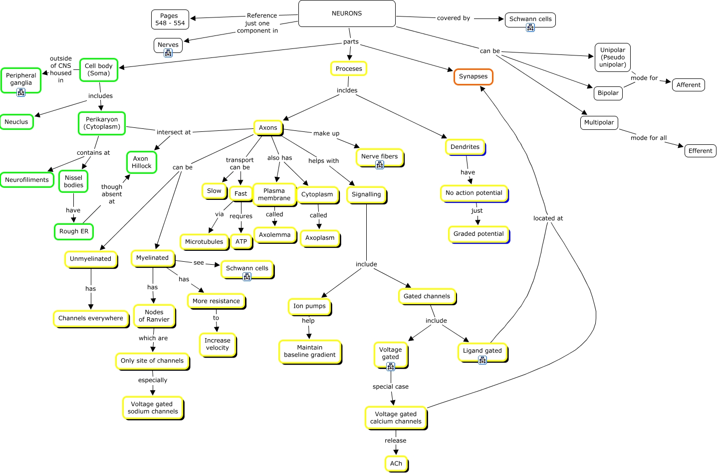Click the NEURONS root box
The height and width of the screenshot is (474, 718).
tap(347, 13)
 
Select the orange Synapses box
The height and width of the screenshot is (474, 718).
tap(473, 77)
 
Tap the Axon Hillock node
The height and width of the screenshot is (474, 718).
tap(141, 162)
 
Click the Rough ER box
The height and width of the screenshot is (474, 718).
tap(74, 231)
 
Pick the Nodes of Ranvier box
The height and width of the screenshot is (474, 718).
tap(154, 316)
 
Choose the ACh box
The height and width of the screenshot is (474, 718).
tap(396, 464)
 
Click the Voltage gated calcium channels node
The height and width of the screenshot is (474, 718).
tap(396, 418)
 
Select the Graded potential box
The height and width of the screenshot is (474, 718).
tap(479, 234)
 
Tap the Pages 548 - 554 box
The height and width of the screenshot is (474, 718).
tap(170, 19)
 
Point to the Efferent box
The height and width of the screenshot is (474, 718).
tap(700, 151)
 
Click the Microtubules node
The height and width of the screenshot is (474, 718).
tap(204, 242)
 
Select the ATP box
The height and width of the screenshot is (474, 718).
tap(241, 242)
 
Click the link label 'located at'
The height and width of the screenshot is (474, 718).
tap(548, 218)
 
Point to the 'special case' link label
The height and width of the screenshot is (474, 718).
tap(390, 387)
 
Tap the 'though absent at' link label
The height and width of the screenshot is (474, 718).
tap(112, 194)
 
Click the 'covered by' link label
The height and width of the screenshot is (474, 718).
tap(454, 18)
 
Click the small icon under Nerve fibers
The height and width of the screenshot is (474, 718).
tap(380, 165)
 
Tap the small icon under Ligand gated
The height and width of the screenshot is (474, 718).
tap(482, 361)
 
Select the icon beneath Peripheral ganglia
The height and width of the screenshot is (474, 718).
tap(21, 93)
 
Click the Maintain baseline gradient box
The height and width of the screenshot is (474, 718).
tap(310, 352)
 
